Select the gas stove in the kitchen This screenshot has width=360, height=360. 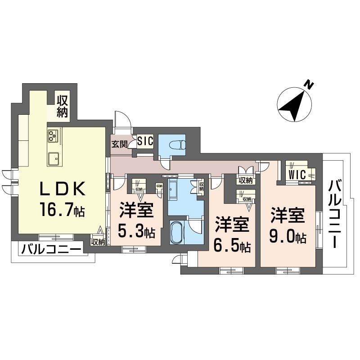click(x=53, y=135)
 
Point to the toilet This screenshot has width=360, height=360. click(x=176, y=145)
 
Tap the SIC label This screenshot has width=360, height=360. click(x=145, y=141)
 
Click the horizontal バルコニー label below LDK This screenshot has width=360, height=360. click(x=51, y=249)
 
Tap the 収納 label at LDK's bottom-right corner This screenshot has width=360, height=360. click(x=98, y=242)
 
